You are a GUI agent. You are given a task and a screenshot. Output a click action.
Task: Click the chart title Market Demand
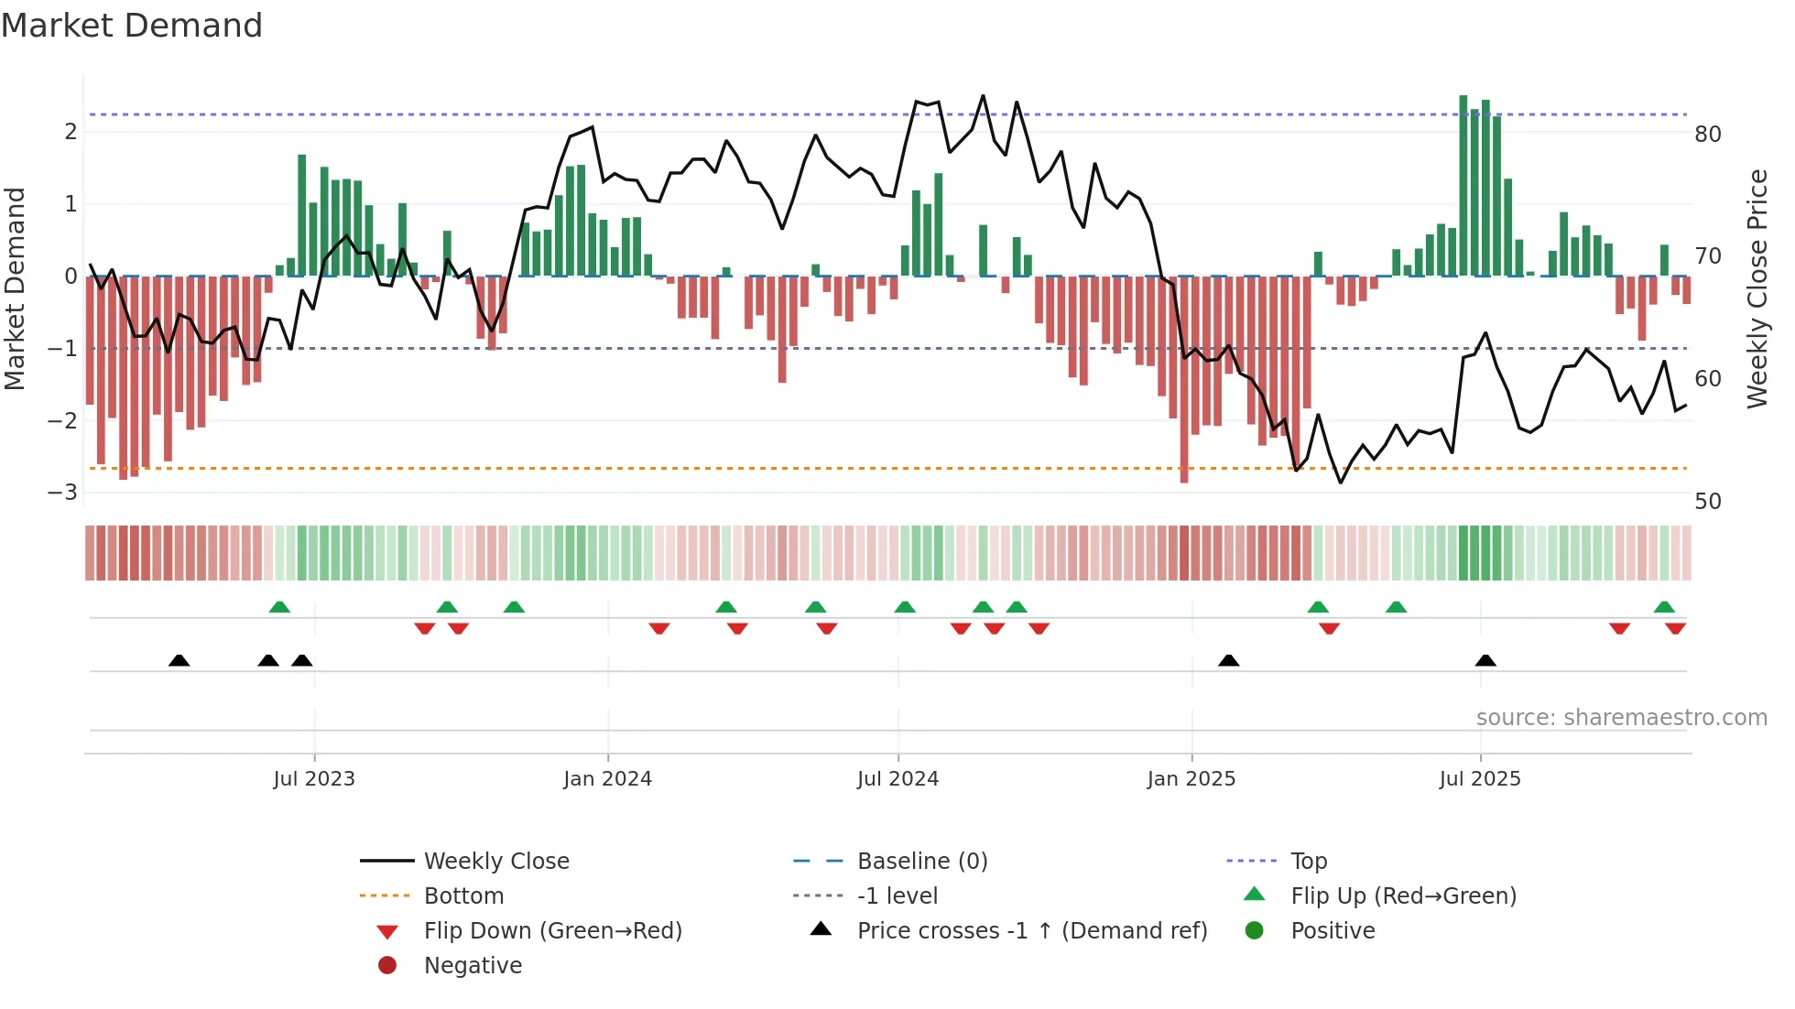(x=132, y=26)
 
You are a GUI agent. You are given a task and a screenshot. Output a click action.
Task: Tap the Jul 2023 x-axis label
(x=313, y=779)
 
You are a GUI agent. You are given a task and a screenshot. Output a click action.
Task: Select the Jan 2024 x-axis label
(x=607, y=779)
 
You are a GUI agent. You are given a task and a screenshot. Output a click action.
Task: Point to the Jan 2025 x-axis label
(x=1191, y=779)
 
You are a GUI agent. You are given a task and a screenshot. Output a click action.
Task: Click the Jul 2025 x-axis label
(x=1479, y=779)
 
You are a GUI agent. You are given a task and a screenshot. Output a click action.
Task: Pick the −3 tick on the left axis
(x=62, y=493)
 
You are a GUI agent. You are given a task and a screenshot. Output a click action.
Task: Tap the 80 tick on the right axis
(x=1707, y=135)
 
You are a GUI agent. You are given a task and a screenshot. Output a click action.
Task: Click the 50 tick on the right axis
(x=1707, y=502)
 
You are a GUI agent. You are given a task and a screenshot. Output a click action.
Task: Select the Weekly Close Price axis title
(x=1757, y=288)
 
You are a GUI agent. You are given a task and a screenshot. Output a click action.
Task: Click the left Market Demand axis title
(x=15, y=288)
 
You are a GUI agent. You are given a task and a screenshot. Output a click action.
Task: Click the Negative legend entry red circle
(x=387, y=966)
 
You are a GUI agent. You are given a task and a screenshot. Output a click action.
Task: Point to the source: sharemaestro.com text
(x=1621, y=718)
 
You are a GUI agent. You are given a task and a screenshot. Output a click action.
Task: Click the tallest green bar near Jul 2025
(x=1463, y=183)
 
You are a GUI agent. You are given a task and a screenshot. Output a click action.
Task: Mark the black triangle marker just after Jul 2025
(x=1485, y=660)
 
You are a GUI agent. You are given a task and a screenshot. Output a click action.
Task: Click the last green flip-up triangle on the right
(x=1664, y=607)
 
